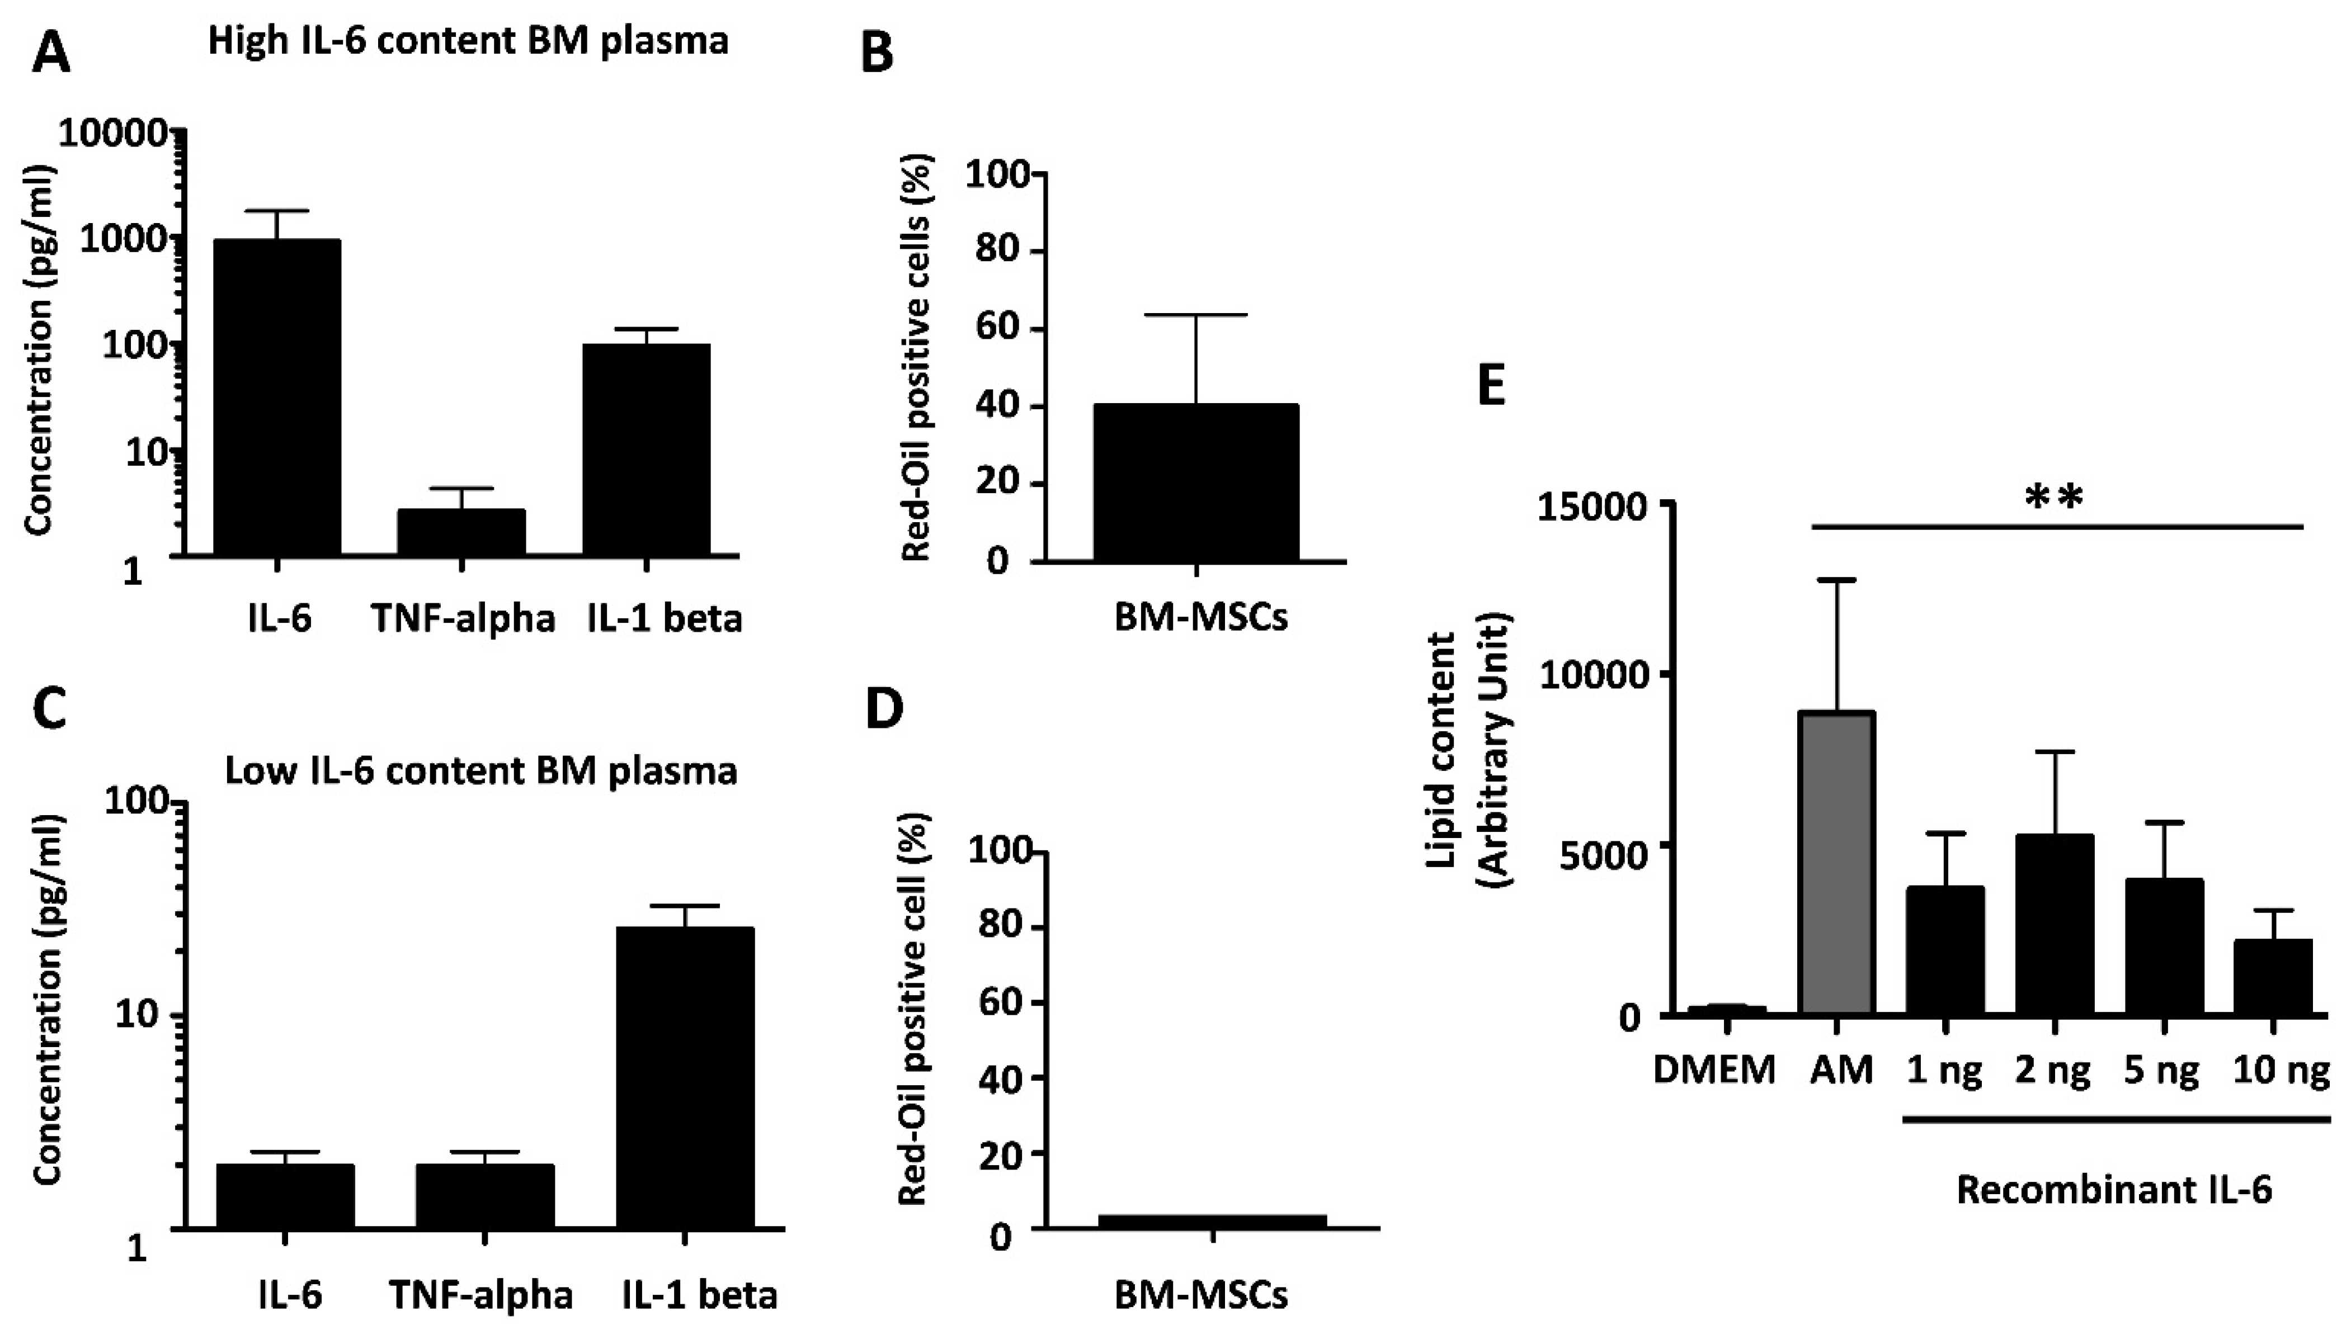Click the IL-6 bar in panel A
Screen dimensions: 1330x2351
277,397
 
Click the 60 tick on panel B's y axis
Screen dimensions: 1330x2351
998,330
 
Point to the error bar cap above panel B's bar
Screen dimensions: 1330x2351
1195,315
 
